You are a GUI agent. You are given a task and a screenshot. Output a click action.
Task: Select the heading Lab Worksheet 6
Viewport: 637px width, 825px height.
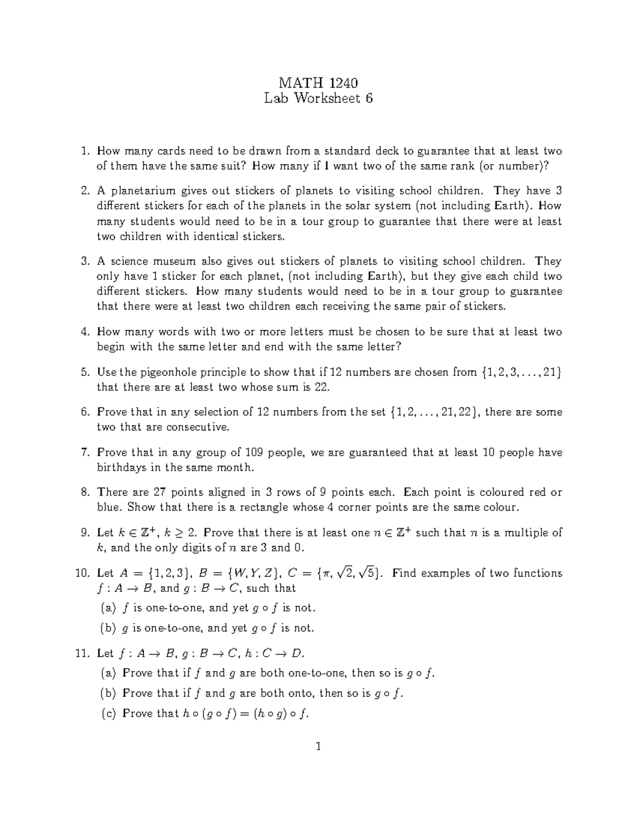pyautogui.click(x=318, y=98)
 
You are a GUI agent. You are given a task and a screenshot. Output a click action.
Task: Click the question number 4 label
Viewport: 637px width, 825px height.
pyautogui.click(x=84, y=332)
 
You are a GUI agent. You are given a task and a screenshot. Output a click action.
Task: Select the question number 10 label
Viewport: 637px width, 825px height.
pyautogui.click(x=81, y=573)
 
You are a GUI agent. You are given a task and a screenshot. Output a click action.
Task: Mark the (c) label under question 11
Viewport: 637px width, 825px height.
pyautogui.click(x=108, y=713)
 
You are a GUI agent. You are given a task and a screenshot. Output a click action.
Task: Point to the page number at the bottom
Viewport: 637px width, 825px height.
pyautogui.click(x=318, y=747)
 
